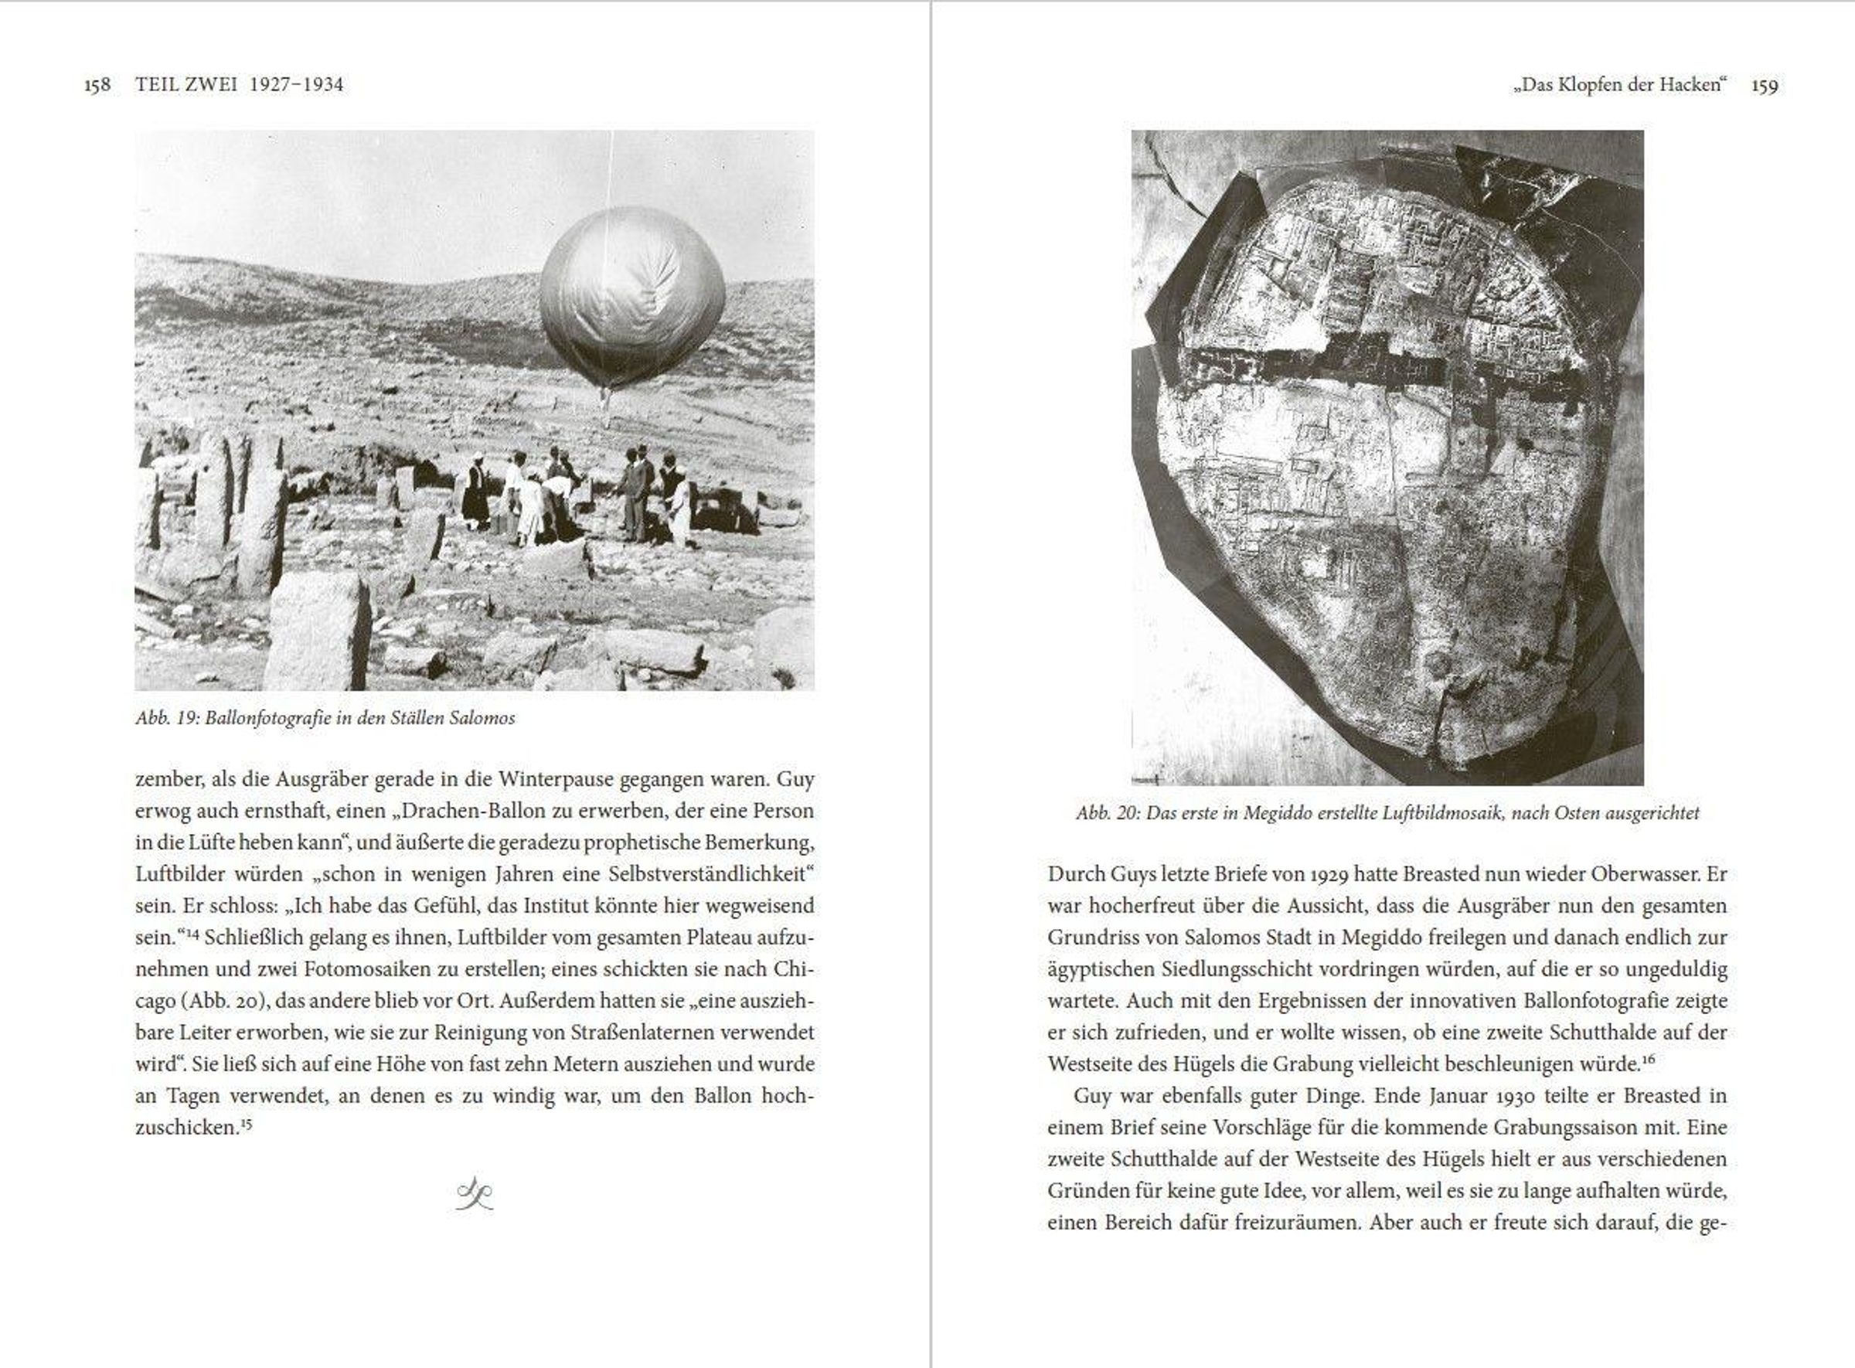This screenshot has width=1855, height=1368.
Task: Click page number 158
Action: tap(97, 85)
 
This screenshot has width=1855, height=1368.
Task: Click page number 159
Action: tap(1765, 85)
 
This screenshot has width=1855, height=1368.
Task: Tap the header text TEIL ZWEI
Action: tap(186, 84)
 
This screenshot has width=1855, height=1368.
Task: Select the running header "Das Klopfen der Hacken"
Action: tap(1619, 84)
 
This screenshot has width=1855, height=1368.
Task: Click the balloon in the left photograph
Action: tap(632, 298)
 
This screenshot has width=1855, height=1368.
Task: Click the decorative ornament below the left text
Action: tap(475, 1193)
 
